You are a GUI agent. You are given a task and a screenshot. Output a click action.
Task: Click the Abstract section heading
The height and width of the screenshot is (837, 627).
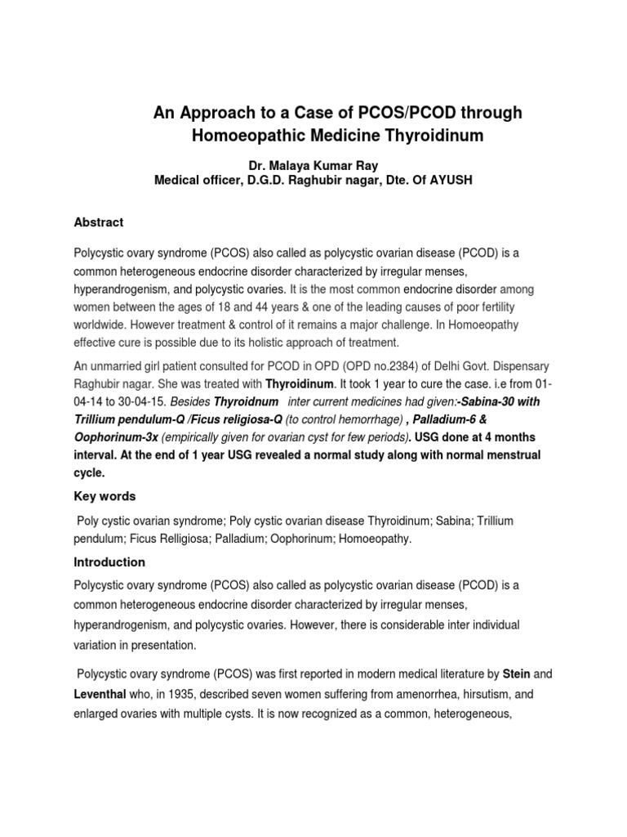pos(98,222)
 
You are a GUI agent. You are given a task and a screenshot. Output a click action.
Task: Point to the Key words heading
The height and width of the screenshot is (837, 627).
pos(104,496)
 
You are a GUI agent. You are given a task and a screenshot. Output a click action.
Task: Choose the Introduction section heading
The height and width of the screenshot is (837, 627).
pos(109,562)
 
